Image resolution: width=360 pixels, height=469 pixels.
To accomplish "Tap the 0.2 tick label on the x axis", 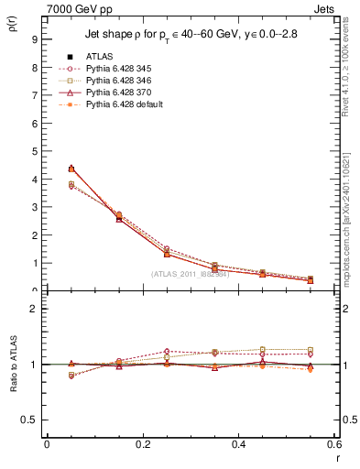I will click(142, 444).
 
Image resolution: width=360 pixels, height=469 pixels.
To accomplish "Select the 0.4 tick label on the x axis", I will click(238, 444).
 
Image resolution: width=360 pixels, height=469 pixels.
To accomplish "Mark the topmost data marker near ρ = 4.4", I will click(71, 169).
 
